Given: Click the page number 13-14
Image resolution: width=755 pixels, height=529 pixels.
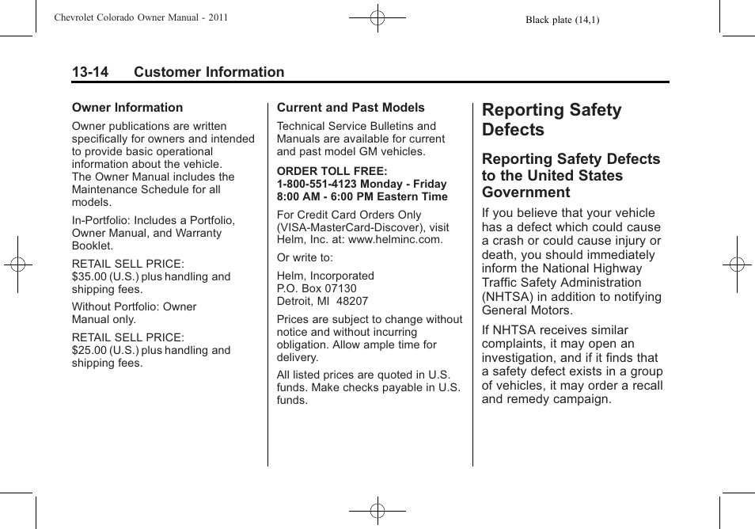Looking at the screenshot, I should coord(90,72).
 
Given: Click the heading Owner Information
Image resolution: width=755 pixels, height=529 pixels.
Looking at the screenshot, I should coord(127,108).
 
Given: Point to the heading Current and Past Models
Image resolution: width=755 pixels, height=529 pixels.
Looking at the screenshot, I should coord(351,108).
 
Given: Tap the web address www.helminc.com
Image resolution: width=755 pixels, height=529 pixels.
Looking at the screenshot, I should coord(395,239).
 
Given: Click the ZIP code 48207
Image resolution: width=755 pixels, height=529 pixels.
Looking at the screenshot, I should coord(353,301).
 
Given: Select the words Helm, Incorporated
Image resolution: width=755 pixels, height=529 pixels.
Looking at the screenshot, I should coord(325,276).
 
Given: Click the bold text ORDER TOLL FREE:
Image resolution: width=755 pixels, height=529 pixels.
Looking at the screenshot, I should coord(332,171).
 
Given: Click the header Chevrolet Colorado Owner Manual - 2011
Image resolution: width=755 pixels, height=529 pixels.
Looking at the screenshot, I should coord(141,17).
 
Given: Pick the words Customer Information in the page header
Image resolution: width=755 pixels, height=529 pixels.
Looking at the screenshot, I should coord(209,72).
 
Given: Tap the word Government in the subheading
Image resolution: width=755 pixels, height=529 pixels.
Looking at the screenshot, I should coord(525,192).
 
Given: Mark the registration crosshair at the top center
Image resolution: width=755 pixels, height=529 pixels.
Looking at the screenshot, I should coord(377,17).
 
